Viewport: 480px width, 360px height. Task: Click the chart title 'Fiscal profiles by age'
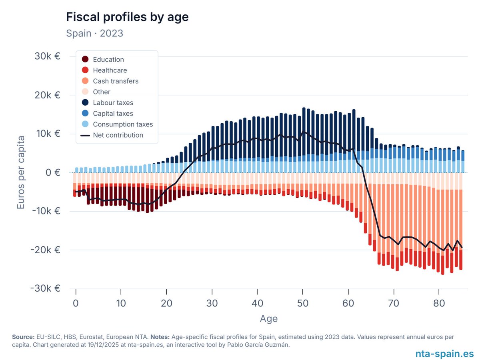coord(127,17)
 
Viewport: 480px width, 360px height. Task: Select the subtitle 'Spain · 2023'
coord(94,33)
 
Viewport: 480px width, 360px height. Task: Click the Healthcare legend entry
coord(110,70)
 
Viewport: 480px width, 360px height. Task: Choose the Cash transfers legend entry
coord(115,81)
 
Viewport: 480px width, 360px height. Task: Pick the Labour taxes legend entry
coord(113,103)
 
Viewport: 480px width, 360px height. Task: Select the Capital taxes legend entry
coord(113,114)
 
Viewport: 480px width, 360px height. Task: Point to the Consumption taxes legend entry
coord(122,124)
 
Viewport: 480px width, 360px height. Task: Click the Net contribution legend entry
coord(118,135)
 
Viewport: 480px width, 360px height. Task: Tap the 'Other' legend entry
coord(101,92)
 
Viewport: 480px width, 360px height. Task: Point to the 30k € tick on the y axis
coord(47,56)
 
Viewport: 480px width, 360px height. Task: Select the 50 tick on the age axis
coord(303,304)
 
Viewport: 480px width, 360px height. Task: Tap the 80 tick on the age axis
coord(439,304)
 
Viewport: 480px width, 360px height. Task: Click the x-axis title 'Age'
coord(268,319)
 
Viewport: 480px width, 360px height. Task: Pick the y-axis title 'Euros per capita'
coord(20,173)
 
